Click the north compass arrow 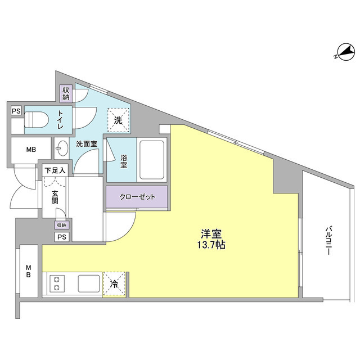pos(344,54)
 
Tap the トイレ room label pos(60,119)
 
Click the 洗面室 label pos(87,144)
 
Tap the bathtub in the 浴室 pos(150,159)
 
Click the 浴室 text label pos(124,162)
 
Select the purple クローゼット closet pos(137,197)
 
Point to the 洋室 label pos(211,232)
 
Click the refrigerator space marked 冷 pos(115,284)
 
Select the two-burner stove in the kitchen pos(57,283)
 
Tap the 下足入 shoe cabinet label pos(56,169)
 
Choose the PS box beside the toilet pos(16,111)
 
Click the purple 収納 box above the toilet pos(66,93)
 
